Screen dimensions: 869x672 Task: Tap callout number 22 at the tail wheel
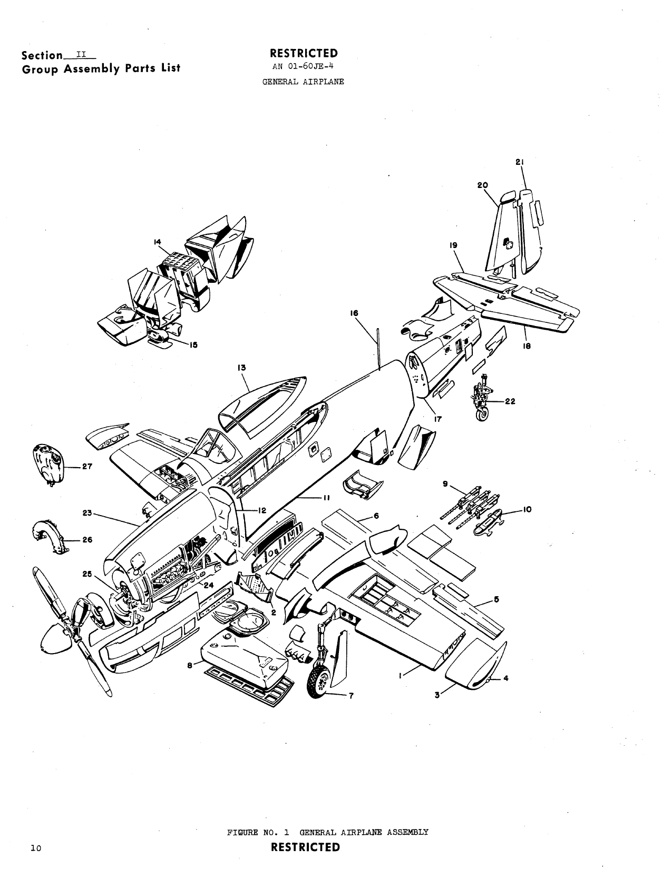510,401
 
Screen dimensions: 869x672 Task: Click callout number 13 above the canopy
242,368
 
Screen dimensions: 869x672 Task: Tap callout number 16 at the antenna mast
354,313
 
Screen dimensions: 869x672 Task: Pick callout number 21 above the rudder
519,163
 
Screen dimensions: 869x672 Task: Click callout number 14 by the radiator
157,242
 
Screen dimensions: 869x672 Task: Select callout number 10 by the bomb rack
527,509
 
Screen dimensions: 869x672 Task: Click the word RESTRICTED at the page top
304,53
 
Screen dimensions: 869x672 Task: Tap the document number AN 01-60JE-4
303,67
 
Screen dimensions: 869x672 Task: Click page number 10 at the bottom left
36,848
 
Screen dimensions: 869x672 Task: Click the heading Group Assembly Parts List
100,68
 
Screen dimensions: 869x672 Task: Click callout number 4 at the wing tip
505,678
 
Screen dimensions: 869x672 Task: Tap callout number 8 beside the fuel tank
190,665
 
